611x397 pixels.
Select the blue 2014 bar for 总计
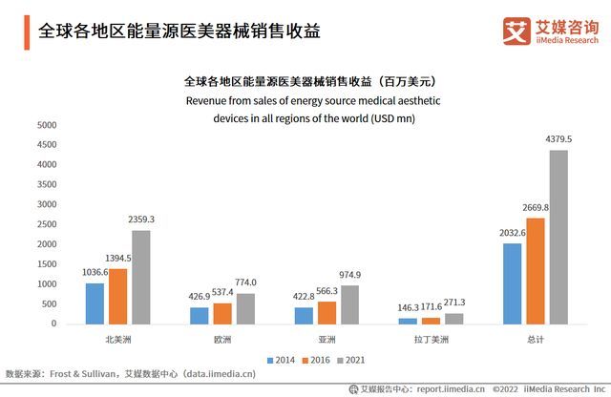tap(513, 283)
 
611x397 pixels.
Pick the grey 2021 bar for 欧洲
tap(245, 308)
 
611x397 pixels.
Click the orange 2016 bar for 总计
tap(536, 271)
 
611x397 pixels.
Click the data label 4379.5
tap(558, 139)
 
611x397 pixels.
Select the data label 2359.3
tap(140, 219)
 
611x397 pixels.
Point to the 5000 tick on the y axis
tap(47, 125)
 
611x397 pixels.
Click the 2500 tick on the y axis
tap(47, 224)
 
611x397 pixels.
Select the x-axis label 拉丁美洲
tap(432, 340)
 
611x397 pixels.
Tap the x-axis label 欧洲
tap(222, 340)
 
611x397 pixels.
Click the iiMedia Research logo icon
tap(516, 31)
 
